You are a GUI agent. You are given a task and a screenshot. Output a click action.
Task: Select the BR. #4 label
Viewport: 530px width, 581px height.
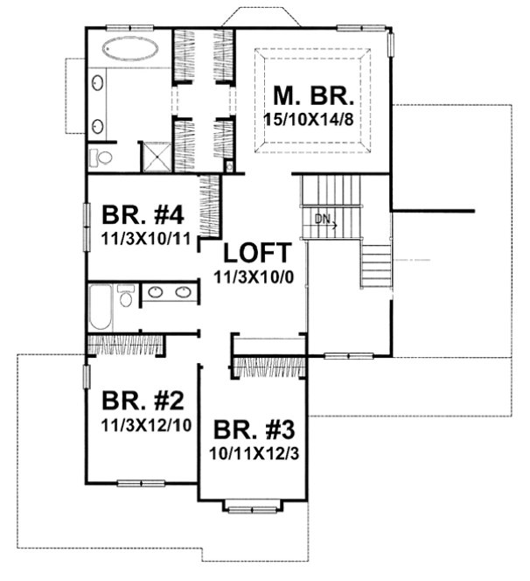pos(140,216)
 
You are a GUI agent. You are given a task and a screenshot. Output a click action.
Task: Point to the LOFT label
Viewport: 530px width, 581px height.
pos(256,254)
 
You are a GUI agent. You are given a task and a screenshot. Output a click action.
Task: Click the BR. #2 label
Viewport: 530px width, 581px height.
pos(143,402)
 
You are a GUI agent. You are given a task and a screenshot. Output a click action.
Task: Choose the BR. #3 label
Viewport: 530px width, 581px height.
pos(255,431)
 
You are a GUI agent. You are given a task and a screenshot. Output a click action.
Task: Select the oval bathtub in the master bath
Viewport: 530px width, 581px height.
pos(128,47)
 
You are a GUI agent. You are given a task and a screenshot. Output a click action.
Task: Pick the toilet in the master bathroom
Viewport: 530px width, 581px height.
pos(101,158)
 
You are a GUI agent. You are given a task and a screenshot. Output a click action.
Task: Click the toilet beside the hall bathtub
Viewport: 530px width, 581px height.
pos(126,297)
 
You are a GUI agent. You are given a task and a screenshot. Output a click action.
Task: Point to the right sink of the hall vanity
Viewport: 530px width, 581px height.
pos(184,293)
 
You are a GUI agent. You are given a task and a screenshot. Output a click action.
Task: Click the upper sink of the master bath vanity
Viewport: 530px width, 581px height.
pos(97,85)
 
